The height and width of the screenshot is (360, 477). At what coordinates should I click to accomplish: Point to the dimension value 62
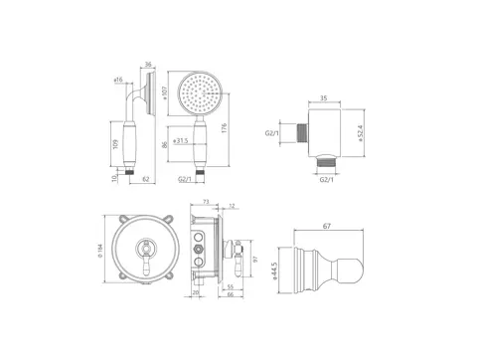tap(146, 180)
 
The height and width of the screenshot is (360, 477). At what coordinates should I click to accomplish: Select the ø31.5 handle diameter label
tap(181, 140)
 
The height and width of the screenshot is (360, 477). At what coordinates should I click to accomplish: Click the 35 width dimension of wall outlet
tap(324, 99)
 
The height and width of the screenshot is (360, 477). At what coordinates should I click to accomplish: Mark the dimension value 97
tap(255, 260)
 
